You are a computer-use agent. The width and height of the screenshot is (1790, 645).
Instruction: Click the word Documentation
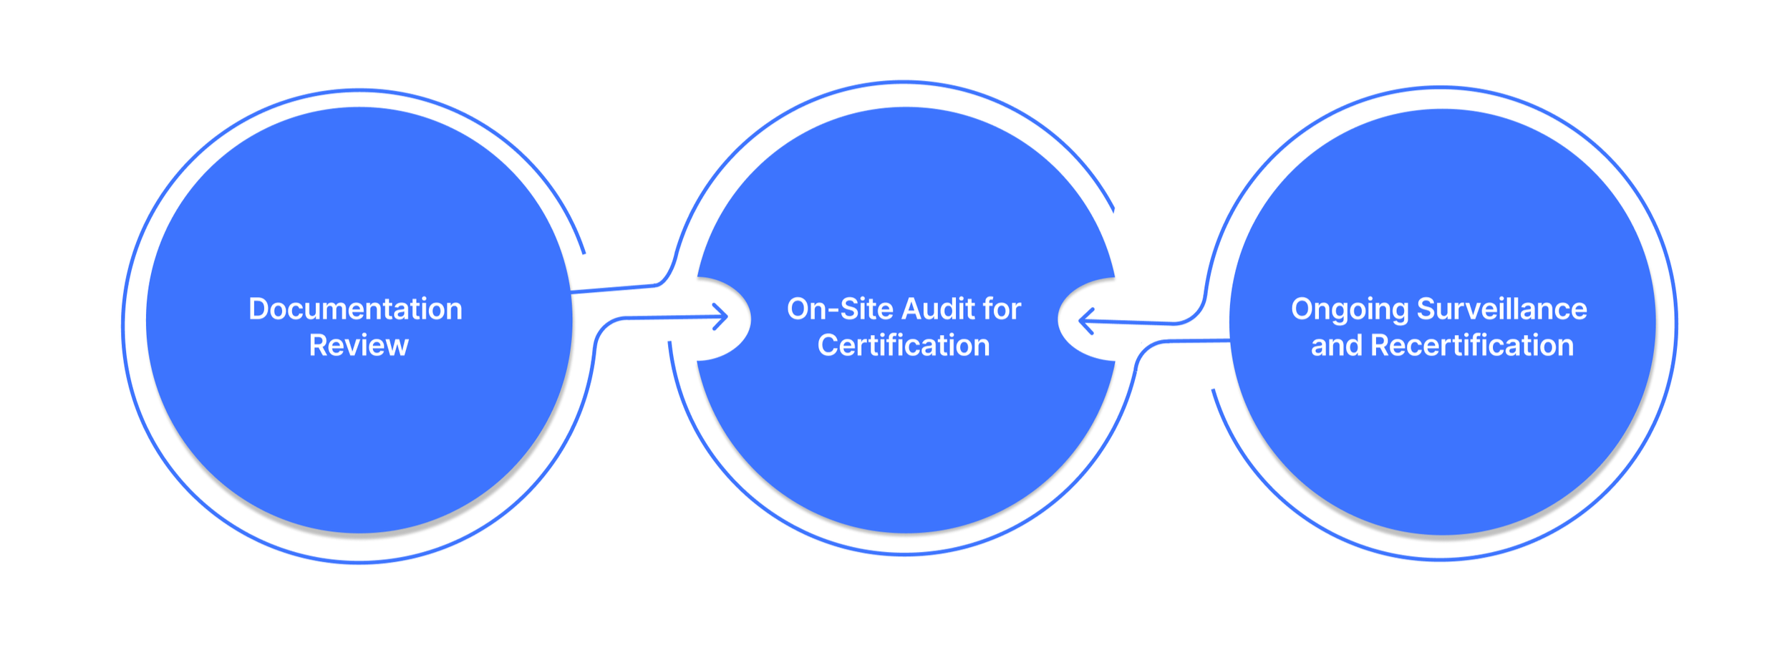coord(355,309)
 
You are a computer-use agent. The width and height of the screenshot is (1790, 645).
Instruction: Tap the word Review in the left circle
coord(359,346)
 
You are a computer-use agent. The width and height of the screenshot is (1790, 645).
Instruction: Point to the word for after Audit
coord(1002,309)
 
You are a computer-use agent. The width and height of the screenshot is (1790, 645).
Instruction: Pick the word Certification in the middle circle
coord(904,346)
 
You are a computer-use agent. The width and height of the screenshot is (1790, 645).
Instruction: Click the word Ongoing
coord(1350,310)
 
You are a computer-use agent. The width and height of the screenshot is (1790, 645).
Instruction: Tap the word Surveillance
coord(1502,309)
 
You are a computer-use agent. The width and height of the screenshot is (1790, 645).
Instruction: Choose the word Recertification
coord(1472,346)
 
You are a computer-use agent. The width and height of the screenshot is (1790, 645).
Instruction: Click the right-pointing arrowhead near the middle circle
coord(722,316)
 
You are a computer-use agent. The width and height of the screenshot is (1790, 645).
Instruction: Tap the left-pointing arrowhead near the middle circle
coord(1085,321)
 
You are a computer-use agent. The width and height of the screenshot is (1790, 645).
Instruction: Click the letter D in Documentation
coord(258,309)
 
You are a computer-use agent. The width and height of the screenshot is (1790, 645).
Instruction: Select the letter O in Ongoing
coord(1303,309)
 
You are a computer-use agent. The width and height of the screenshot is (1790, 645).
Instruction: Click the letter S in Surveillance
coord(1426,309)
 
